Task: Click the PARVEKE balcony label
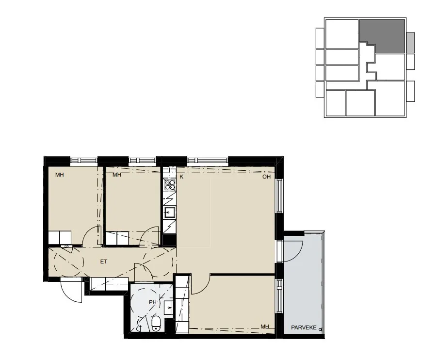[x=304, y=327]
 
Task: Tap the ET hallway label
[x=104, y=262]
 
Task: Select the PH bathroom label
[x=152, y=302]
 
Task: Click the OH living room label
[x=266, y=177]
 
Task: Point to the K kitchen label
[x=181, y=177]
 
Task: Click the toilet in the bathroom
[x=156, y=324]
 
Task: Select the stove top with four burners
[x=170, y=184]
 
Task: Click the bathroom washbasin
[x=168, y=308]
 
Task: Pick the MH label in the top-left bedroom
[x=59, y=175]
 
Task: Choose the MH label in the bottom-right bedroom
[x=264, y=327]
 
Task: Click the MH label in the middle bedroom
[x=116, y=175]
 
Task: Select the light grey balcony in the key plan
[x=410, y=43]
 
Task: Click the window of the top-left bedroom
[x=83, y=161]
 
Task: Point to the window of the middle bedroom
[x=142, y=161]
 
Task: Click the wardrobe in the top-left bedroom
[x=60, y=237]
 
